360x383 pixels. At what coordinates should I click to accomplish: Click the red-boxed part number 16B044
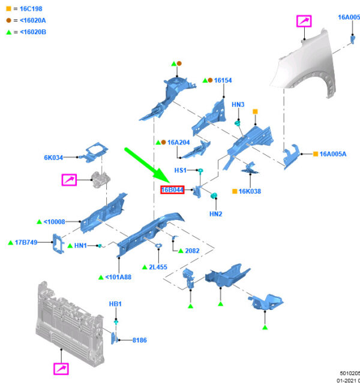pyautogui.click(x=172, y=190)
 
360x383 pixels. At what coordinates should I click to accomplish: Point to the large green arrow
pyautogui.click(x=148, y=164)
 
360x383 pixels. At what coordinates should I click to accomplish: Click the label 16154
pyautogui.click(x=223, y=80)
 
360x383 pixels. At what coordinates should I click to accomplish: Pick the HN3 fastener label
pyautogui.click(x=238, y=105)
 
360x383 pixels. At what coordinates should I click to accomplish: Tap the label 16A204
pyautogui.click(x=178, y=142)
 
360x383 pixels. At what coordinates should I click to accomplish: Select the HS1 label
pyautogui.click(x=181, y=170)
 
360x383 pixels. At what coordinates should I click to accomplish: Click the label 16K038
pyautogui.click(x=250, y=191)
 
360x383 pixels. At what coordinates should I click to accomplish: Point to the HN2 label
pyautogui.click(x=216, y=214)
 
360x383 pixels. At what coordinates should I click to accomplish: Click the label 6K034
pyautogui.click(x=53, y=158)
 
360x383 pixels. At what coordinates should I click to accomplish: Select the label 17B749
pyautogui.click(x=26, y=242)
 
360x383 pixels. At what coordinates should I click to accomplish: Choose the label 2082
pyautogui.click(x=193, y=251)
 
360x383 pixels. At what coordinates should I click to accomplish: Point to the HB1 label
pyautogui.click(x=115, y=304)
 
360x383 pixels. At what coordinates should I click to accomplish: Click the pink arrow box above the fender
pyautogui.click(x=305, y=23)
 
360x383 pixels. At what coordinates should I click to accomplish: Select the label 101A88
pyautogui.click(x=119, y=277)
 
